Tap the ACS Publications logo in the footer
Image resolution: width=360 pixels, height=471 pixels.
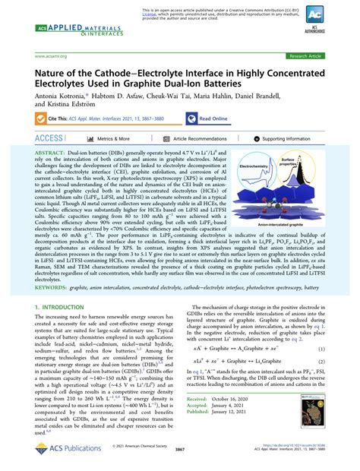(65, 450)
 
